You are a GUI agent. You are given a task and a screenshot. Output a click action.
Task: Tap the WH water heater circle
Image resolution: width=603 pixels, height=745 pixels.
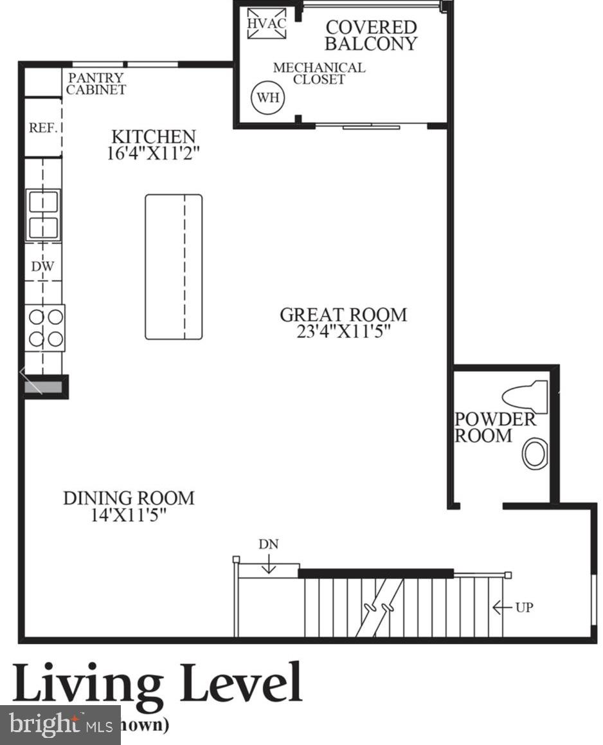pyautogui.click(x=268, y=98)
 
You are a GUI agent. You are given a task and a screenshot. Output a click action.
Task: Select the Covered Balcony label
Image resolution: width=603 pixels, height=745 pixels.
pyautogui.click(x=371, y=35)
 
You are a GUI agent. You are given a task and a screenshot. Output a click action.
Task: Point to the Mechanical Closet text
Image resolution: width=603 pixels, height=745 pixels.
pyautogui.click(x=319, y=73)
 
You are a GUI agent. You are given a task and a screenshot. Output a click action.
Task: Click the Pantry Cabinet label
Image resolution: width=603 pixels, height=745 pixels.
pyautogui.click(x=96, y=84)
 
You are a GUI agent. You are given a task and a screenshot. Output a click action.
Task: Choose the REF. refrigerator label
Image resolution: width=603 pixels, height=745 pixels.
pyautogui.click(x=44, y=127)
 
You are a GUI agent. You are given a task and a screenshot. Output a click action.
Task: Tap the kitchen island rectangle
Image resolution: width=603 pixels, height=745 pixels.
pyautogui.click(x=174, y=266)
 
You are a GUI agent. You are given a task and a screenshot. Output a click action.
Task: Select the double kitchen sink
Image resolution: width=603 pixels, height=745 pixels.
pyautogui.click(x=43, y=215)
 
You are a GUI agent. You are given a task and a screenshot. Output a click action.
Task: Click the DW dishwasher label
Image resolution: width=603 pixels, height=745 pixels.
pyautogui.click(x=44, y=265)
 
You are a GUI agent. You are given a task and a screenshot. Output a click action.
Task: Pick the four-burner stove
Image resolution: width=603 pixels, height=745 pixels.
pyautogui.click(x=45, y=327)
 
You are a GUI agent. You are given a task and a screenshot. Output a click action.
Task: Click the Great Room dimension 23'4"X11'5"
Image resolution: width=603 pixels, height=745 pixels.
pyautogui.click(x=343, y=331)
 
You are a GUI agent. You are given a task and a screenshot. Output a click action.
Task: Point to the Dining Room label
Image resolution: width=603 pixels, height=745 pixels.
pyautogui.click(x=129, y=498)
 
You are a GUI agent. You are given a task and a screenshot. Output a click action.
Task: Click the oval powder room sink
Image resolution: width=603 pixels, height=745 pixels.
pyautogui.click(x=534, y=454)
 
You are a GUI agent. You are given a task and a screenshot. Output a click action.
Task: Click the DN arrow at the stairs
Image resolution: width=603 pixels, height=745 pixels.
pyautogui.click(x=268, y=564)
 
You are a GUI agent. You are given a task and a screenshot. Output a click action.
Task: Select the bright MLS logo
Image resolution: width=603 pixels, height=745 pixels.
pyautogui.click(x=60, y=725)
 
